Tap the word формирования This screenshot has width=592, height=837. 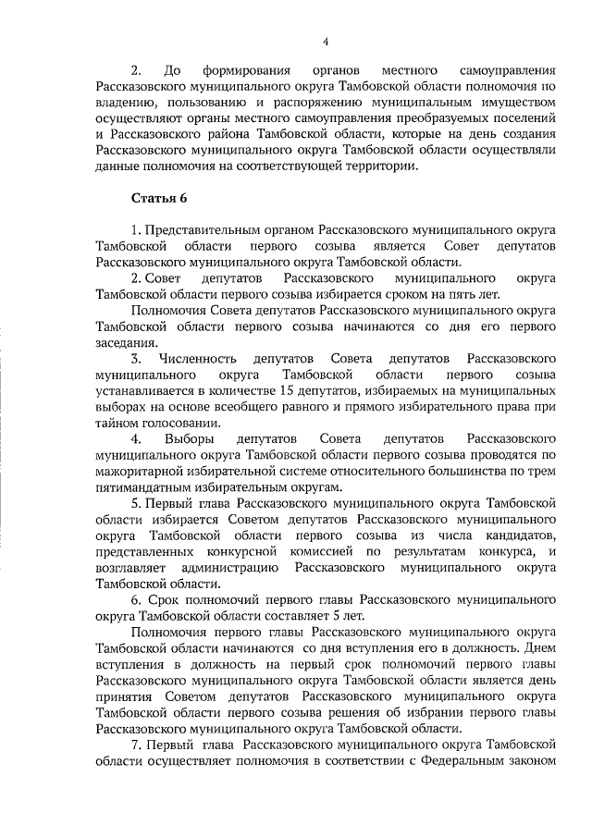(x=251, y=70)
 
